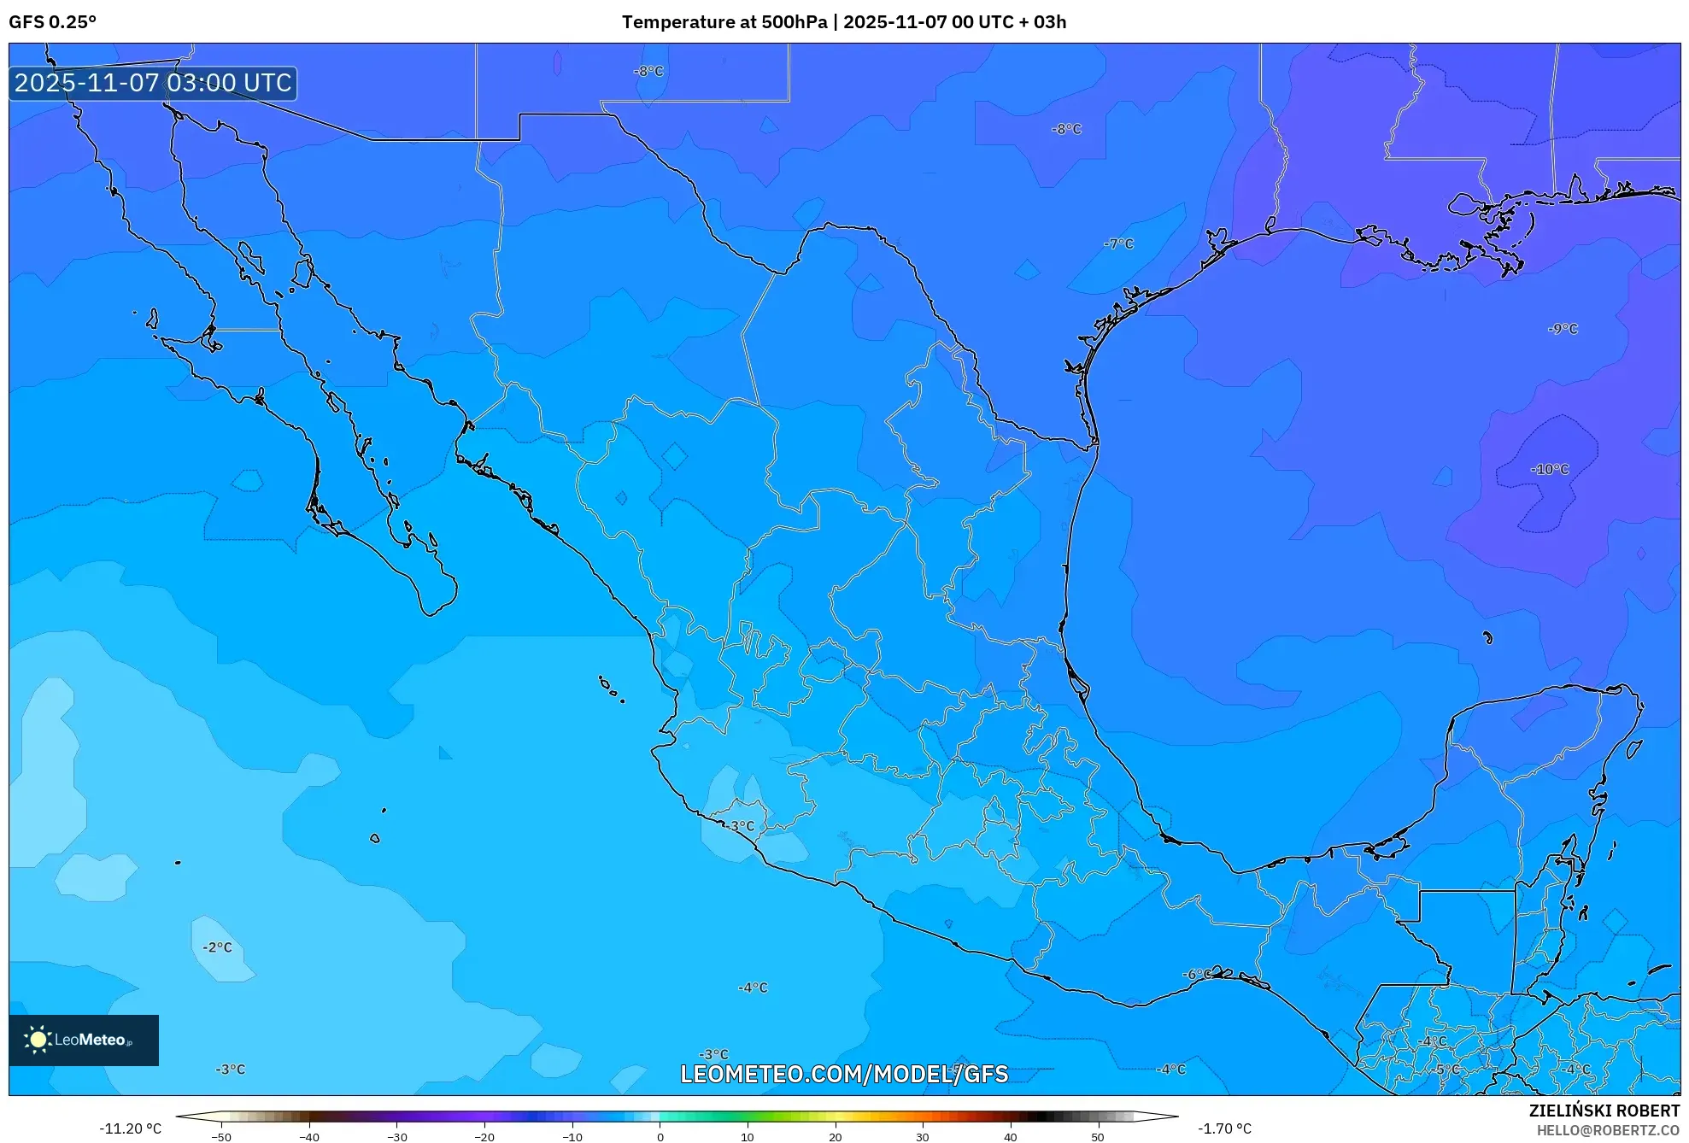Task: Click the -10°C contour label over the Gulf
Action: pyautogui.click(x=1550, y=469)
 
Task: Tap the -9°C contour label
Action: pyautogui.click(x=1563, y=329)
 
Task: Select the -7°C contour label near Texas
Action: pyautogui.click(x=1118, y=243)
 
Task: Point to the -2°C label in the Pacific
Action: pyautogui.click(x=217, y=947)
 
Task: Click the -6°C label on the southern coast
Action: pyautogui.click(x=1197, y=974)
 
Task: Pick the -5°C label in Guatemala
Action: pyautogui.click(x=1447, y=1069)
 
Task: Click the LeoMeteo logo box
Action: pyautogui.click(x=84, y=1040)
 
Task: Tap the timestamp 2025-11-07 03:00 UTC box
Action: pyautogui.click(x=153, y=83)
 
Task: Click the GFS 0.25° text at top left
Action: pyautogui.click(x=52, y=22)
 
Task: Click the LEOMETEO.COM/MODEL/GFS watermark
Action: pyautogui.click(x=844, y=1074)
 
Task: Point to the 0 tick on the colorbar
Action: pyautogui.click(x=660, y=1136)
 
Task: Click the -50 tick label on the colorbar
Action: pyautogui.click(x=221, y=1136)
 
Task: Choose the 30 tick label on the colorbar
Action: pyautogui.click(x=922, y=1136)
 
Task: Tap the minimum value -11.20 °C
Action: pyautogui.click(x=130, y=1128)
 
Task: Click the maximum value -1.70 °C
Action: pyautogui.click(x=1224, y=1128)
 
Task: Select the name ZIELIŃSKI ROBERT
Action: pyautogui.click(x=1604, y=1111)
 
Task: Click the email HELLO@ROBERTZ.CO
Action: pyautogui.click(x=1608, y=1130)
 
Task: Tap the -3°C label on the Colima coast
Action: pyautogui.click(x=741, y=825)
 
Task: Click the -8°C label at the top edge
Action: pyautogui.click(x=648, y=71)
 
